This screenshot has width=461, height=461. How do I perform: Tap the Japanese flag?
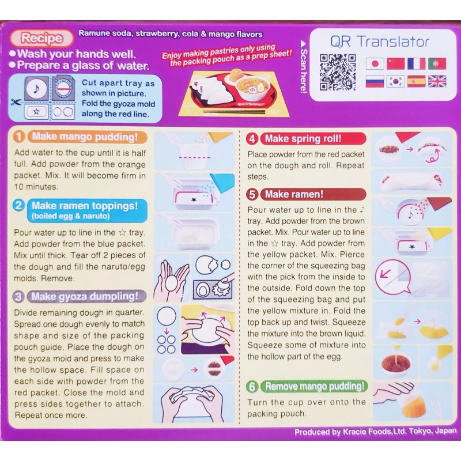375,63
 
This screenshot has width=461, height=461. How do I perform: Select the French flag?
416,63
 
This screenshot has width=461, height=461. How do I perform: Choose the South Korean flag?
395,81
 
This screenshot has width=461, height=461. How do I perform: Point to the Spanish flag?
416,81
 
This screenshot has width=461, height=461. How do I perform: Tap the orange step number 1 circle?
19,137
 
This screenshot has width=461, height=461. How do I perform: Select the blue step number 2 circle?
19,206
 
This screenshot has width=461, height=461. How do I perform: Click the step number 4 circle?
252,139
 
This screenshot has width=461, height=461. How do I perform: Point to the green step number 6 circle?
252,386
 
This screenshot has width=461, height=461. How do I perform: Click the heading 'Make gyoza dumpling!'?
85,297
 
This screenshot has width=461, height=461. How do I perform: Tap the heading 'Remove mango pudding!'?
314,386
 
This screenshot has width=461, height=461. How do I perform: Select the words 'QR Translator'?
380,42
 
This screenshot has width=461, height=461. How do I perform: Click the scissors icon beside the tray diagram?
15,101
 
